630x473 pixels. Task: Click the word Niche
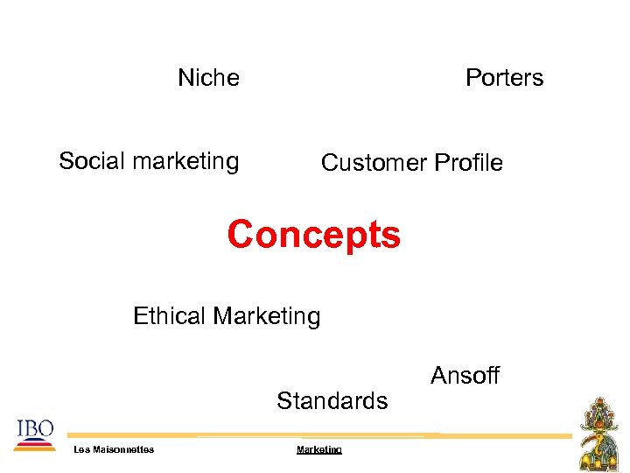click(x=208, y=78)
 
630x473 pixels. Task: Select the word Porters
click(x=504, y=78)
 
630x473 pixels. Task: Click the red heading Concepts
click(x=313, y=236)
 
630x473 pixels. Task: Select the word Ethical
click(x=169, y=315)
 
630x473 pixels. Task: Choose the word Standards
click(x=332, y=401)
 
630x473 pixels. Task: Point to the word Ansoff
click(x=465, y=376)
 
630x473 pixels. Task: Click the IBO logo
click(x=34, y=431)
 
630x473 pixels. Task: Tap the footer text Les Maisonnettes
click(x=114, y=449)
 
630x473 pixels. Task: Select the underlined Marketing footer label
click(x=319, y=449)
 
